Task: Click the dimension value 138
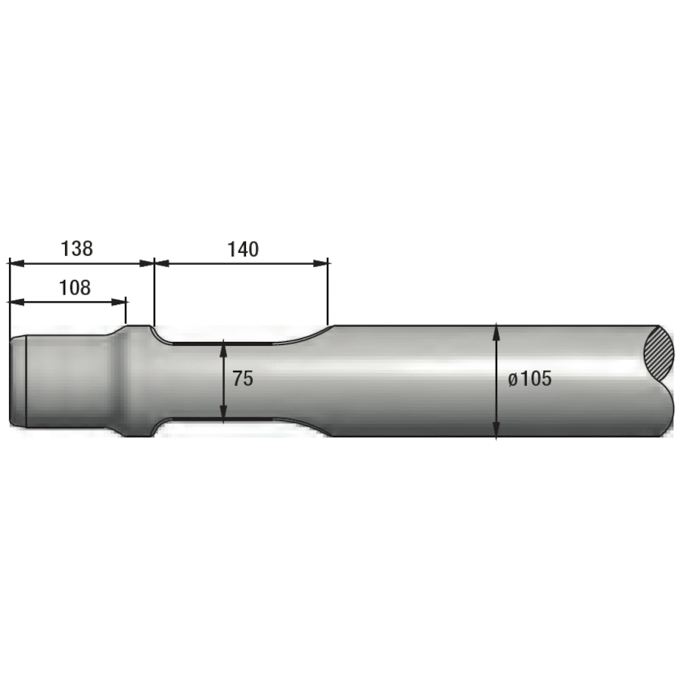[x=76, y=247]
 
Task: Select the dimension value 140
[x=242, y=249]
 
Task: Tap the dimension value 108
[x=74, y=288]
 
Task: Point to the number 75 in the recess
[x=243, y=380]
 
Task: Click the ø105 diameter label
[x=530, y=379]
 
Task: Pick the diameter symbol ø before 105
[x=512, y=380]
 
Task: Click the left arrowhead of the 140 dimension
[x=161, y=263]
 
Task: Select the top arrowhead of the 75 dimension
[x=224, y=347]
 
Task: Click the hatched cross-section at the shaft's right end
[x=657, y=353]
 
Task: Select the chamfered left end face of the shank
[x=17, y=381]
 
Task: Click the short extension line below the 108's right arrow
[x=126, y=312]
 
